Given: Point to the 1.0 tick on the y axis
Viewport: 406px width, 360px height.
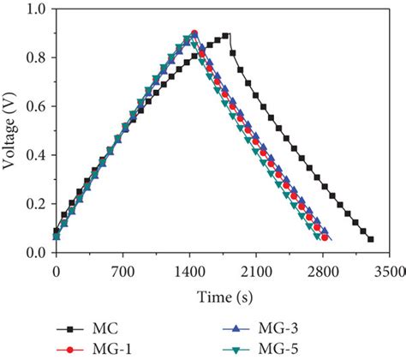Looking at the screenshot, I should [36, 9].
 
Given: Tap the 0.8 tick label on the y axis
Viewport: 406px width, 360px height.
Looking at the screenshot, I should [36, 58].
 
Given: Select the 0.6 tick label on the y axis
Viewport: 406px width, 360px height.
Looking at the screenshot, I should [36, 107].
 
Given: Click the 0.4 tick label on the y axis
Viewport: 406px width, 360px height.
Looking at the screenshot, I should [36, 156].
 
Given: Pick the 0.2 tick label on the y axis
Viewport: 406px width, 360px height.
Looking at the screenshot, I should [36, 205].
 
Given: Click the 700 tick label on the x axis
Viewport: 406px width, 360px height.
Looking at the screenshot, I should [122, 272].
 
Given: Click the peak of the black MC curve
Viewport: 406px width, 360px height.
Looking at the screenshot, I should [226, 35].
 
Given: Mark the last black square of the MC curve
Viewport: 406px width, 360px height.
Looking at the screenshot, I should [370, 239].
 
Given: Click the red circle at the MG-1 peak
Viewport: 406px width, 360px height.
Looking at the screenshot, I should [194, 33].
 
